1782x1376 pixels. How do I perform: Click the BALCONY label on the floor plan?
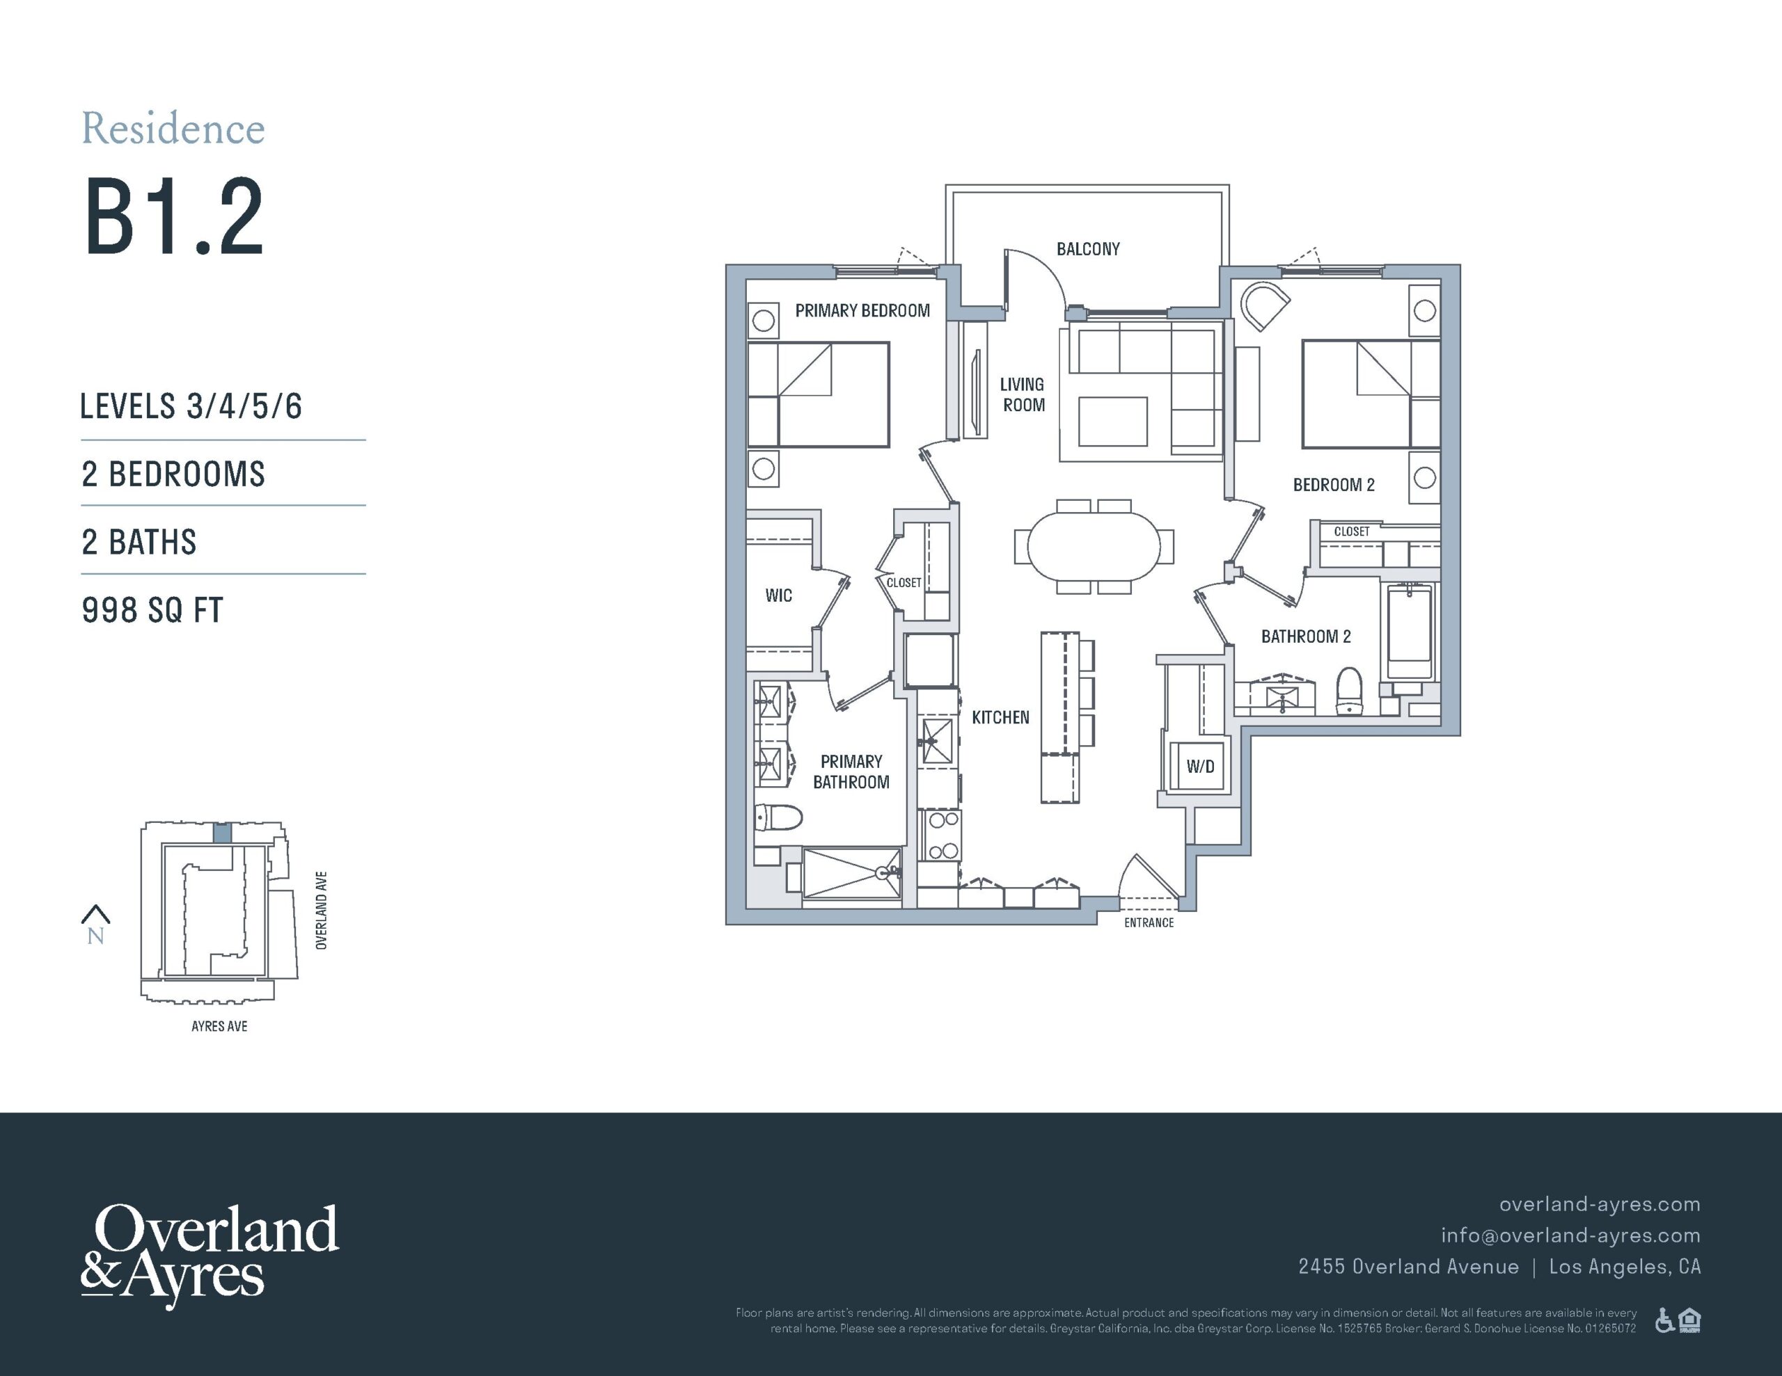coord(1087,249)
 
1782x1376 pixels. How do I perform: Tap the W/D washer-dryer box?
coord(1199,766)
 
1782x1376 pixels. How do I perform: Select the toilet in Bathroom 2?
coord(1350,690)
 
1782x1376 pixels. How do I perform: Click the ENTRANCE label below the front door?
coord(1149,922)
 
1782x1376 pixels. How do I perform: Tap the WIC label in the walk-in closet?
coord(778,595)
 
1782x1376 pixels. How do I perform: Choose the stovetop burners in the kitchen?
coord(942,835)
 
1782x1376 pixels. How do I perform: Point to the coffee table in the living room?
coord(1112,421)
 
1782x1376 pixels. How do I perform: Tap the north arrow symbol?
coord(95,914)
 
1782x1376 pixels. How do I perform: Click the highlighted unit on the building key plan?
coord(222,833)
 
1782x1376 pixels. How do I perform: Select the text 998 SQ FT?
coord(152,610)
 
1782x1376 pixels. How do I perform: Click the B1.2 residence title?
coord(174,217)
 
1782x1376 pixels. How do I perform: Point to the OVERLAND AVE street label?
coord(322,911)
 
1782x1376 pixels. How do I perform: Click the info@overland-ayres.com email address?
coord(1570,1235)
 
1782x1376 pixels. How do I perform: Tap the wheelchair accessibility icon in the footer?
coord(1664,1320)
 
